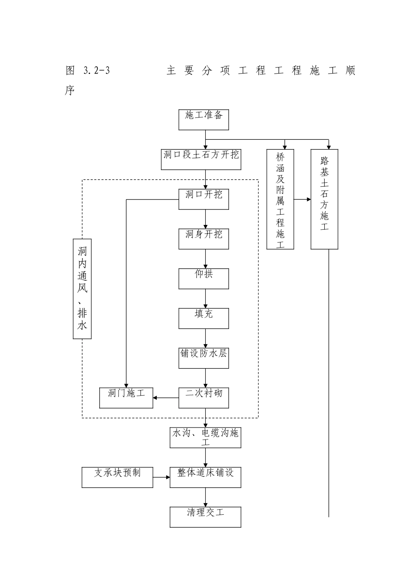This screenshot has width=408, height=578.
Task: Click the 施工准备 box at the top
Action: pos(204,120)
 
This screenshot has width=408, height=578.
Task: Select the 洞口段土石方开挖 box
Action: pos(205,159)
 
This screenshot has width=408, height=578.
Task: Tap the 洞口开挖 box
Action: pos(204,199)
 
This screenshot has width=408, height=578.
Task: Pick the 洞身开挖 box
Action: pos(204,239)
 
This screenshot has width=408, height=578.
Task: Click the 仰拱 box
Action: pos(204,279)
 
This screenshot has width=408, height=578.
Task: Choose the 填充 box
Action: pos(204,318)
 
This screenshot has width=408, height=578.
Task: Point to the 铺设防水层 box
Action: pos(204,358)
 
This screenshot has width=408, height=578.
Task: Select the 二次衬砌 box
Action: pos(204,398)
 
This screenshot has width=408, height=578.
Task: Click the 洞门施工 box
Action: pos(126,398)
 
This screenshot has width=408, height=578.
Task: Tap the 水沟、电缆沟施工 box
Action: pos(205,437)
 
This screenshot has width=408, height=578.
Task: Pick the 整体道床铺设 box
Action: pos(205,477)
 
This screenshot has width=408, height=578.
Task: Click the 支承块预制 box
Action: pos(117,477)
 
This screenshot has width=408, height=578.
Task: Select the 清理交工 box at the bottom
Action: pos(205,517)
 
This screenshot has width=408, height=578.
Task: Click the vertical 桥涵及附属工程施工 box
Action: pos(280,199)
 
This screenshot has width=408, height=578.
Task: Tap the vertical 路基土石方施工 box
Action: pos(324,199)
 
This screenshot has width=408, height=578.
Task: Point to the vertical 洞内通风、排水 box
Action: pos(82,289)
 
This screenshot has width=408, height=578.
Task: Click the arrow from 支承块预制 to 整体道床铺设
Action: pos(161,477)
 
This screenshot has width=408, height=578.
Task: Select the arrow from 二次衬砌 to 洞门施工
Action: pos(166,398)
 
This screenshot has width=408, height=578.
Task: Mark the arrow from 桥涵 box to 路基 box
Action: pos(302,199)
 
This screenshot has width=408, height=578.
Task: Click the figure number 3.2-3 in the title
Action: pos(94,71)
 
